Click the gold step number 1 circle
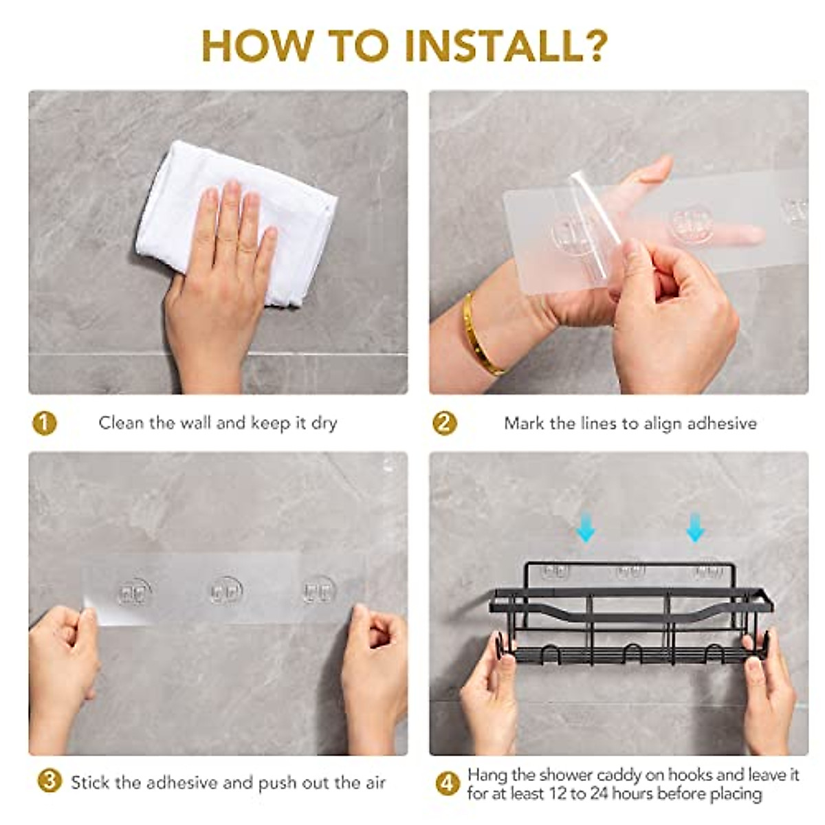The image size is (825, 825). pyautogui.click(x=45, y=423)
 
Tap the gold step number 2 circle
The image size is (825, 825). pyautogui.click(x=445, y=423)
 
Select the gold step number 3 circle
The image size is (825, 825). pyautogui.click(x=49, y=781)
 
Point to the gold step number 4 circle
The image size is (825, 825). pyautogui.click(x=448, y=784)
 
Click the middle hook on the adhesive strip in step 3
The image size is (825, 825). pyautogui.click(x=226, y=591)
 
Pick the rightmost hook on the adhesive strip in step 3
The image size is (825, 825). pyautogui.click(x=320, y=590)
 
